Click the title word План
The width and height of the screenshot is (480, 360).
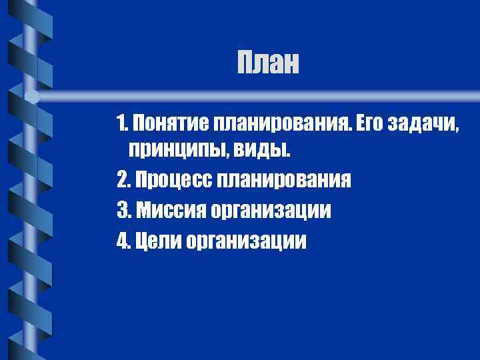coord(269,64)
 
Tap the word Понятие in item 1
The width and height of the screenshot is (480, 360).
coord(171,123)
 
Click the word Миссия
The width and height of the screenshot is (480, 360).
coord(169,210)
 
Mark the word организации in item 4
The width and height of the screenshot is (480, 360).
coord(247,240)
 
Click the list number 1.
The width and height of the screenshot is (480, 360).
coord(121,123)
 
